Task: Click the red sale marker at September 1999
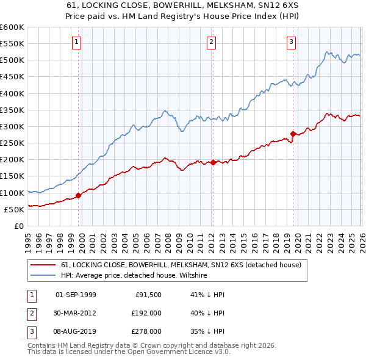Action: click(78, 196)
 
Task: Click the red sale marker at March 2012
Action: click(213, 162)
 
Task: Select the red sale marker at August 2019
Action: click(293, 134)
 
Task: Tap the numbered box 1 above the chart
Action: click(76, 42)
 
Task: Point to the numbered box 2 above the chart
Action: click(211, 42)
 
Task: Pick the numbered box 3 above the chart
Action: click(291, 42)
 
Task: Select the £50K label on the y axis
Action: click(15, 209)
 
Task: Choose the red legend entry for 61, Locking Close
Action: click(181, 265)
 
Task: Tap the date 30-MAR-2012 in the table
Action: click(76, 313)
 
